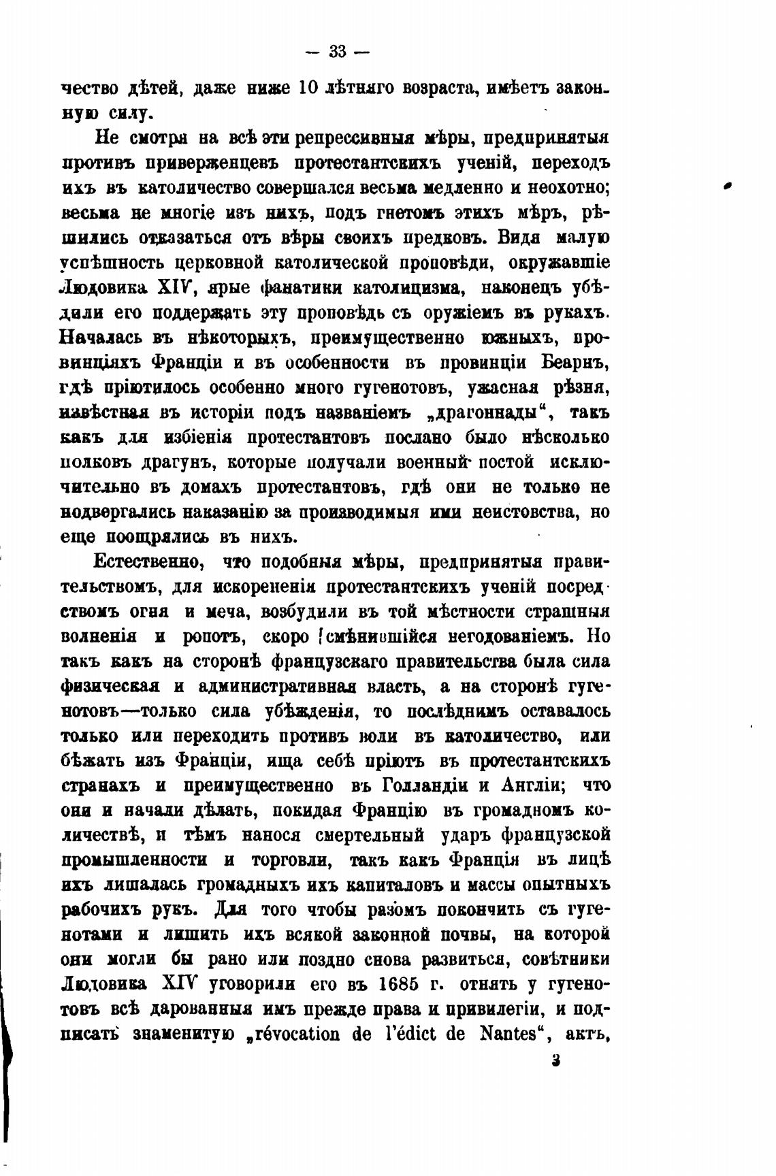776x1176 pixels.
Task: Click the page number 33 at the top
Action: click(x=338, y=51)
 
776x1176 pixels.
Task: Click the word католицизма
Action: click(x=410, y=287)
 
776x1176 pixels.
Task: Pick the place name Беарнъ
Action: click(x=576, y=362)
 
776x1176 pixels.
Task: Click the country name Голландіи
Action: click(x=416, y=785)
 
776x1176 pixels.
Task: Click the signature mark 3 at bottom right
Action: click(x=556, y=1060)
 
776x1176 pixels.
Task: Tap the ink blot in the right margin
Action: click(x=727, y=184)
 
